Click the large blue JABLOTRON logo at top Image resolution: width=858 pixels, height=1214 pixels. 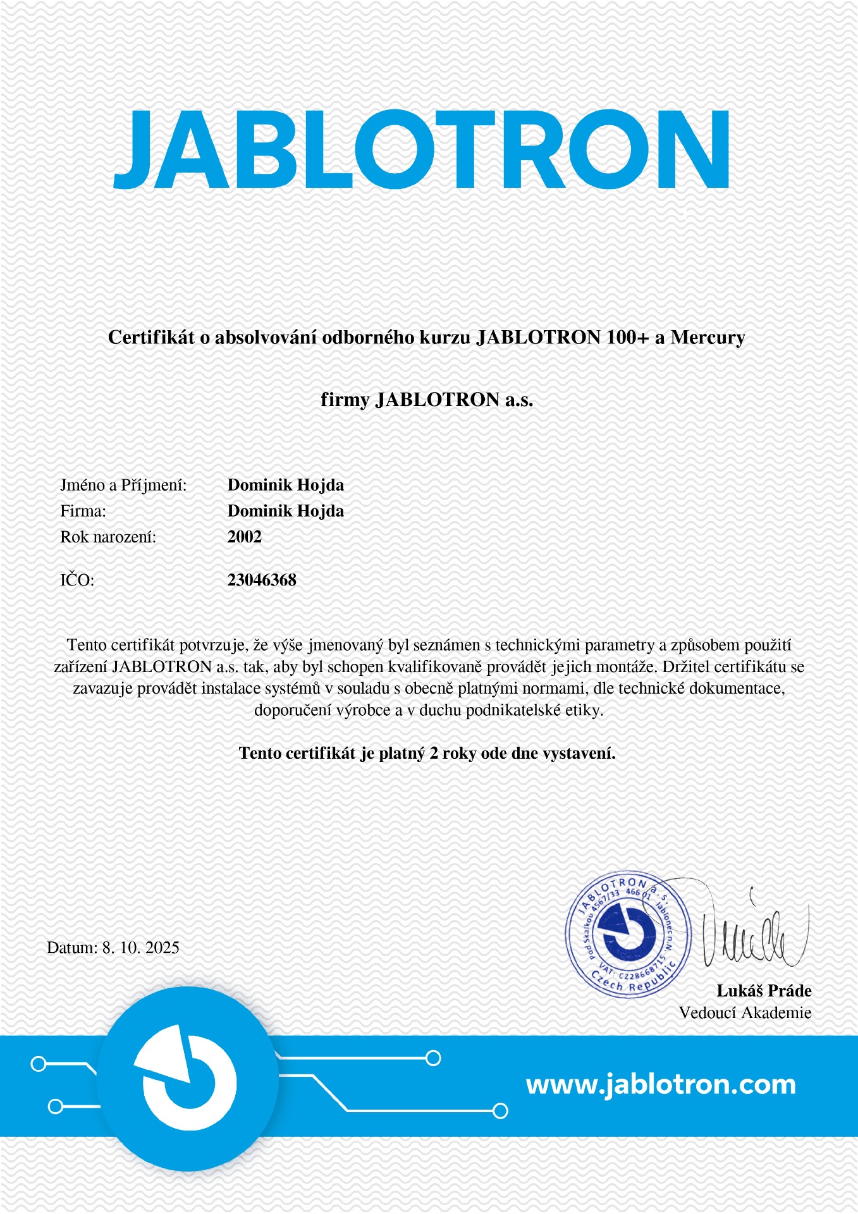tap(422, 149)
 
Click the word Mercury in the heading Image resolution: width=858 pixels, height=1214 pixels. tap(708, 338)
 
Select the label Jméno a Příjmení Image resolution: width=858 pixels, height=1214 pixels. tap(123, 485)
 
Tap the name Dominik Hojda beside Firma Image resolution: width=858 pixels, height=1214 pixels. tap(285, 511)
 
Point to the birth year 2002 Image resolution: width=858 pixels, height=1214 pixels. tap(245, 537)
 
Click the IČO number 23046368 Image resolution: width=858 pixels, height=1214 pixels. tap(262, 580)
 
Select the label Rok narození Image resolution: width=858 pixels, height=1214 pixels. tap(108, 537)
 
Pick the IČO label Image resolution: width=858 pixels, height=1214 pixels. tap(77, 580)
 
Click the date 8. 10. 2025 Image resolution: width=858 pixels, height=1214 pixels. tap(140, 947)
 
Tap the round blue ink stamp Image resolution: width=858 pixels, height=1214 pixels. tap(627, 935)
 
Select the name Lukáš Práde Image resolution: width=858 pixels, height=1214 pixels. tap(764, 991)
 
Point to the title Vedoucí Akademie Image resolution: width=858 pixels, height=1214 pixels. tap(745, 1013)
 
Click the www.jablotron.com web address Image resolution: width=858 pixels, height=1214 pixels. tap(661, 1084)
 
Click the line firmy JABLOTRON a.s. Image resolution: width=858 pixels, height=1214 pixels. tap(427, 400)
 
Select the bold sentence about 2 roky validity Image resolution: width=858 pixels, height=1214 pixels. tap(427, 753)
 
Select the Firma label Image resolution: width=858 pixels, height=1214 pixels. tap(83, 511)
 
